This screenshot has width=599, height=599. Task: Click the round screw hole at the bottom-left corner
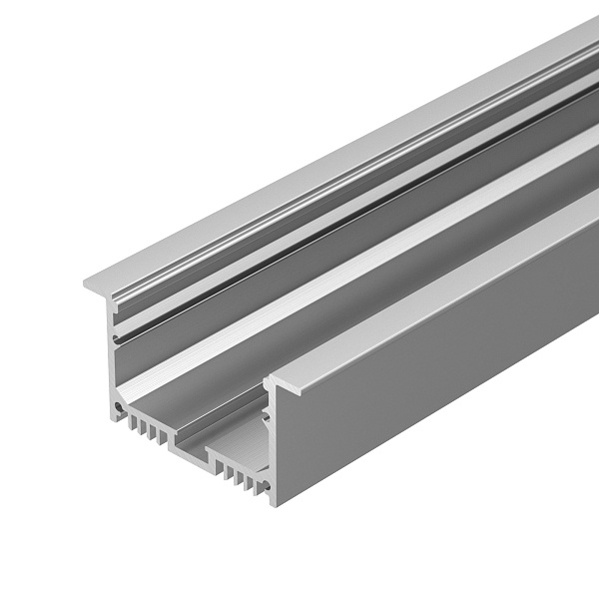(122, 408)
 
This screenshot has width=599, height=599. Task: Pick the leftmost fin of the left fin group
(130, 420)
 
